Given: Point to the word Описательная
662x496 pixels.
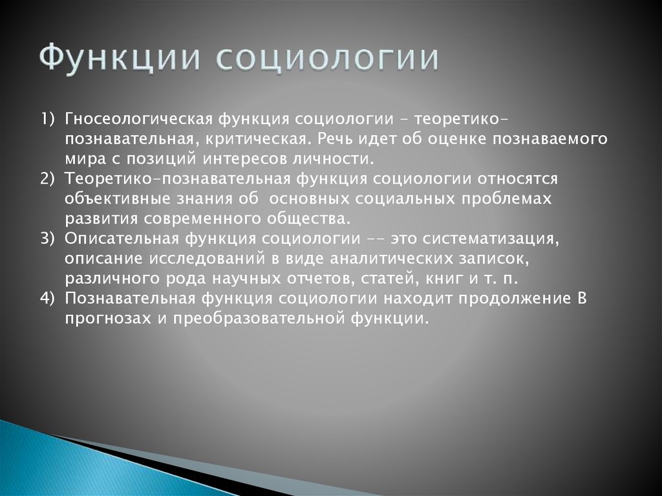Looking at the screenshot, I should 121,238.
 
